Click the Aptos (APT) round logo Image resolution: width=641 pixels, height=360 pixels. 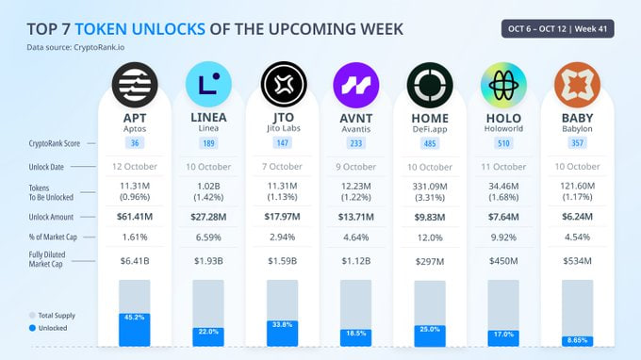click(x=135, y=84)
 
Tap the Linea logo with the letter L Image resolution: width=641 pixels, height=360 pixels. click(x=208, y=84)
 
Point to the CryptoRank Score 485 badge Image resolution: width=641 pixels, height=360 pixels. click(x=430, y=143)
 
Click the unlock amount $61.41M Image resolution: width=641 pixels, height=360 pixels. click(x=135, y=216)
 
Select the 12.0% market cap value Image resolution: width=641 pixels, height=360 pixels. click(x=430, y=238)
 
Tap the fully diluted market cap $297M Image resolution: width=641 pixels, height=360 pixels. click(x=430, y=261)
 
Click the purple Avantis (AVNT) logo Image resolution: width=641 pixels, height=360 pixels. click(x=355, y=84)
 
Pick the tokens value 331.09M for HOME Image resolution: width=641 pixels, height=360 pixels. click(x=430, y=187)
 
